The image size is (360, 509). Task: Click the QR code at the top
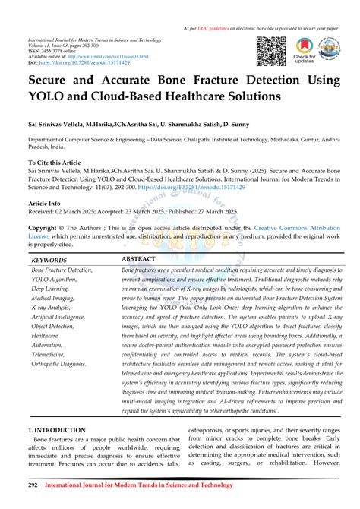pyautogui.click(x=271, y=51)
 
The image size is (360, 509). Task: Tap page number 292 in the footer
pyautogui.click(x=33, y=484)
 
